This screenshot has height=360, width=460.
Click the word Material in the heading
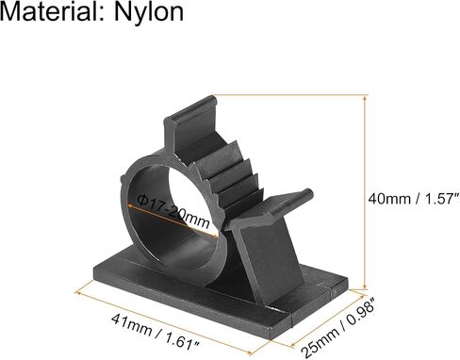(x=52, y=11)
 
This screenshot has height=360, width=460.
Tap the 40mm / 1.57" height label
(x=414, y=199)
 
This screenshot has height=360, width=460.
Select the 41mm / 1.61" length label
(x=156, y=331)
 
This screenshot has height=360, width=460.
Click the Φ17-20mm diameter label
(x=173, y=211)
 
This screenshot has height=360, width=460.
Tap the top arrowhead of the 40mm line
(x=365, y=98)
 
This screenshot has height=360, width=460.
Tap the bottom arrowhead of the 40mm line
(x=365, y=286)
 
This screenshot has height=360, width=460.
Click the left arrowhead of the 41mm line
(x=78, y=293)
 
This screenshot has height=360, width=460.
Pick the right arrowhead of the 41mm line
(x=251, y=352)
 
